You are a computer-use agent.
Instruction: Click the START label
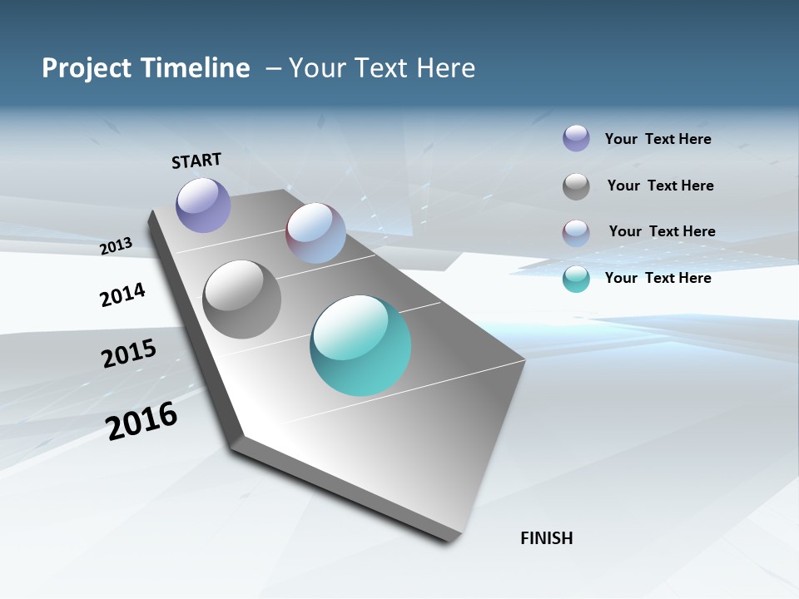196,161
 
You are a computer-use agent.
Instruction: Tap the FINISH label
547,538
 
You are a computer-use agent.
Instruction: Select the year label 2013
117,246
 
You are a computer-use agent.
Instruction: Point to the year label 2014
122,295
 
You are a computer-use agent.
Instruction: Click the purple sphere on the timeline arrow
203,205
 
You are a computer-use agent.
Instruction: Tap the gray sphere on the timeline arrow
242,299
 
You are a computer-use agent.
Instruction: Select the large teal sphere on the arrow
360,345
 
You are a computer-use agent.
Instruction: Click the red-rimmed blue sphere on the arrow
315,233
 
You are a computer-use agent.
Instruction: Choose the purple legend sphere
576,138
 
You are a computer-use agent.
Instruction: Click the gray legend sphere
576,186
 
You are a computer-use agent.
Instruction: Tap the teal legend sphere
576,279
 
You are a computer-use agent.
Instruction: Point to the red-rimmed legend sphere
576,233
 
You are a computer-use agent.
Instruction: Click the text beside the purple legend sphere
658,139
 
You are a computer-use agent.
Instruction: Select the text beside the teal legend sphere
658,278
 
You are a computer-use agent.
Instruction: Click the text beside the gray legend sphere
661,186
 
